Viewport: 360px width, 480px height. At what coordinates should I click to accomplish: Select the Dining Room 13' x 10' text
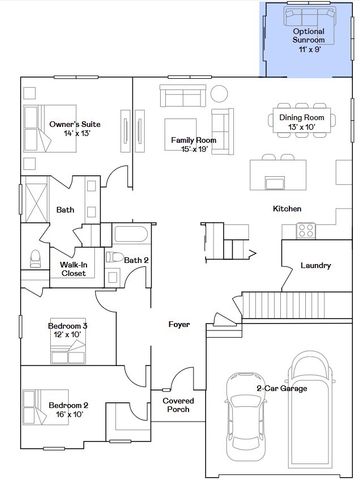[302, 122]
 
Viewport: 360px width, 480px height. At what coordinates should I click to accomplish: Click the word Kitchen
[287, 209]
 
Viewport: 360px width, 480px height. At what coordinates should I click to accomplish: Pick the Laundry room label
[316, 265]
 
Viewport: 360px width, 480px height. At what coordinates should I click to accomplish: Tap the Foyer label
[179, 324]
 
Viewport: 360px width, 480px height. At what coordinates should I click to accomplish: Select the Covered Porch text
[178, 405]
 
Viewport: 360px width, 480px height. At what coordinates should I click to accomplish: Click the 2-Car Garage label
[282, 388]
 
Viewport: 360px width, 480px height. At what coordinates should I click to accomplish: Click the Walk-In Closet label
[74, 269]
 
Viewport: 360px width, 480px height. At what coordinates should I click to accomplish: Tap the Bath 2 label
[136, 260]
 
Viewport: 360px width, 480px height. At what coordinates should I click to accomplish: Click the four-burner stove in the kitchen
[306, 231]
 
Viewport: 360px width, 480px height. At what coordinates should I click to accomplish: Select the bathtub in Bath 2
[131, 234]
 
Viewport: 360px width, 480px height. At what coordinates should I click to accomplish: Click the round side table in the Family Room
[219, 94]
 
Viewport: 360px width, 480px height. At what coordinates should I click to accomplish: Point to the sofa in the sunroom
[309, 16]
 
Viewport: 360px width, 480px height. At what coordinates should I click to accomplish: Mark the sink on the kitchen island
[275, 183]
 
